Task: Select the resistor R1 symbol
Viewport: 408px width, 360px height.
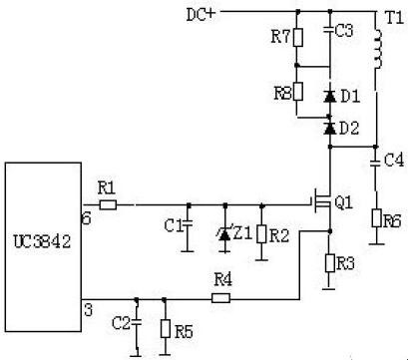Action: pyautogui.click(x=108, y=204)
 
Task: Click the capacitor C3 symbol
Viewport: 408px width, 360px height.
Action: pyautogui.click(x=329, y=32)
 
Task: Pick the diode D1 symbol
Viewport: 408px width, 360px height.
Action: pyautogui.click(x=329, y=96)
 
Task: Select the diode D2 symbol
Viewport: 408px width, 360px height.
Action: pyautogui.click(x=329, y=127)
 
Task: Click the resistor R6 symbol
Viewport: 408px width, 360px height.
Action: pyautogui.click(x=377, y=218)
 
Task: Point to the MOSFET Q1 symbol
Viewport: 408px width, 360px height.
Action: pyautogui.click(x=321, y=205)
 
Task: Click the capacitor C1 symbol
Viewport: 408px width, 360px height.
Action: pyautogui.click(x=190, y=225)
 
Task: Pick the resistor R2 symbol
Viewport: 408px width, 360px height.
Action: pyautogui.click(x=261, y=233)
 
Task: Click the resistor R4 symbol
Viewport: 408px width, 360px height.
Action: pyautogui.click(x=221, y=296)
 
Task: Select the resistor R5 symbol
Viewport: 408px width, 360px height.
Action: pyautogui.click(x=164, y=326)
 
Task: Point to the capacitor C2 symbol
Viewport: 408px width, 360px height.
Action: pyautogui.click(x=138, y=321)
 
